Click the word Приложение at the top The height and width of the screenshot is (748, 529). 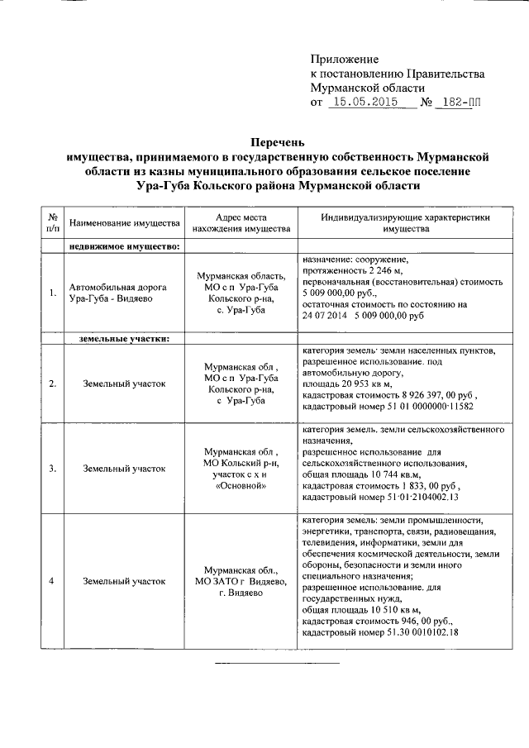tap(344, 60)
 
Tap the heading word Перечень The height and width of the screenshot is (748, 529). tap(278, 141)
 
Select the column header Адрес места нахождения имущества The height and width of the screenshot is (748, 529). tap(240, 223)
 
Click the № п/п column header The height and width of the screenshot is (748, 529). tap(53, 223)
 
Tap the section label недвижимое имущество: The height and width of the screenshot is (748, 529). tap(125, 245)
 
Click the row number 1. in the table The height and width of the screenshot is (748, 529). tap(53, 293)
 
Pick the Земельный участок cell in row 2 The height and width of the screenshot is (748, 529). tap(124, 384)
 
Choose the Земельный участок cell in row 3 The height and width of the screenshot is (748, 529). tap(124, 469)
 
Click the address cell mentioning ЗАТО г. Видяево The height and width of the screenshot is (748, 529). tap(240, 581)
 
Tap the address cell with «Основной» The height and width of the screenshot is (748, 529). tap(240, 469)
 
